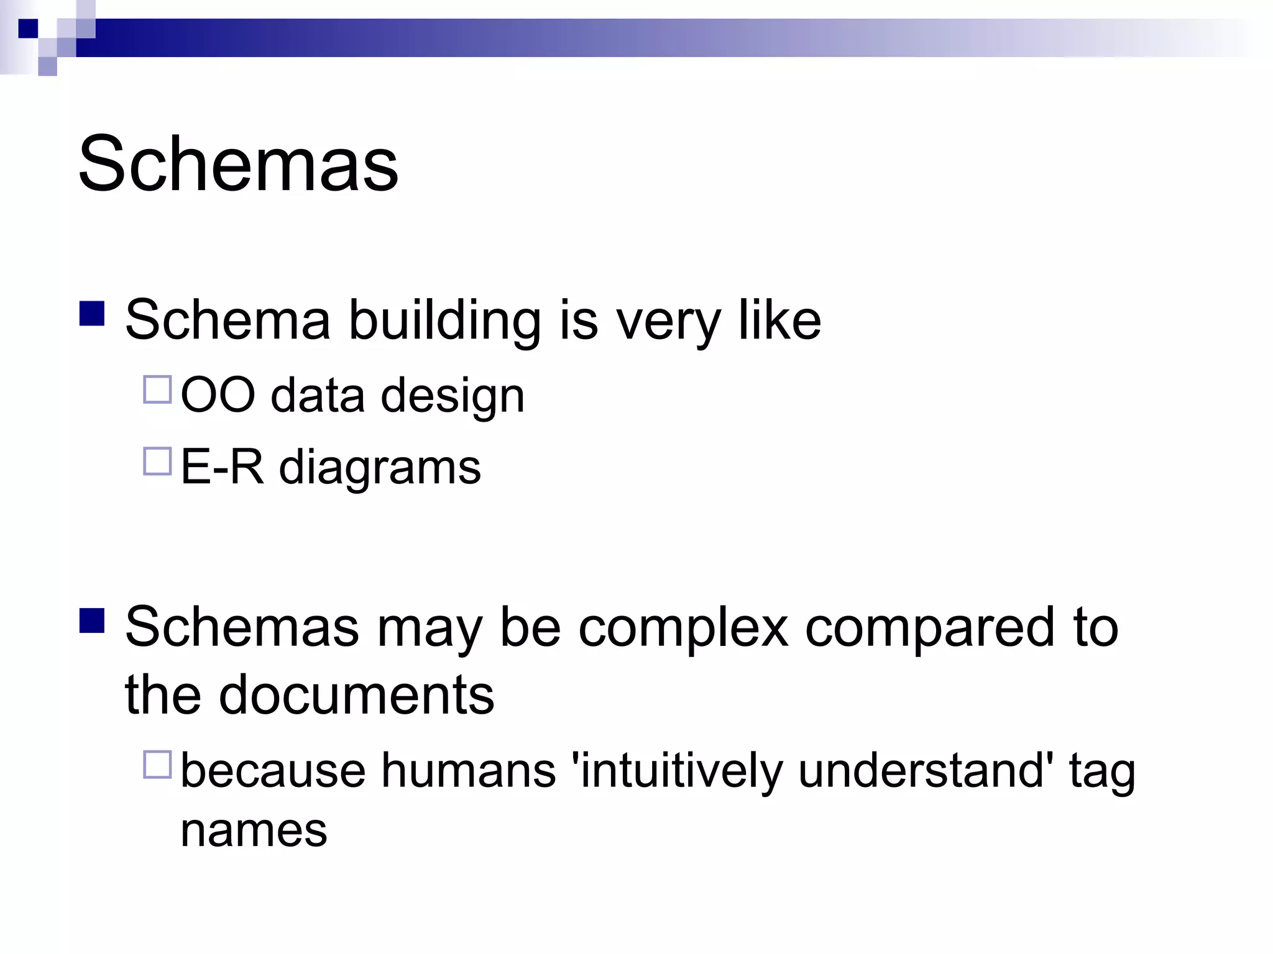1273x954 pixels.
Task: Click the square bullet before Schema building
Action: (92, 313)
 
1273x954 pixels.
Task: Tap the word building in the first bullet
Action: (444, 320)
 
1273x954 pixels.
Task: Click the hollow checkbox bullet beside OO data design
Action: (157, 390)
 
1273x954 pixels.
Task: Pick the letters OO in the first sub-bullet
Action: (218, 396)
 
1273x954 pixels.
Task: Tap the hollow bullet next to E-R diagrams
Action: (157, 461)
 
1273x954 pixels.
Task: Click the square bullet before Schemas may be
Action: (92, 620)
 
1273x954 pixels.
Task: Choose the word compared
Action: (929, 627)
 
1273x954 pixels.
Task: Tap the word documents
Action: (356, 694)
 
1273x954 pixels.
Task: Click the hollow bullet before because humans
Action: (157, 765)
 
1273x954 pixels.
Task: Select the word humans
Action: (468, 771)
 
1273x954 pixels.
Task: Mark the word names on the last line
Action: (254, 830)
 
